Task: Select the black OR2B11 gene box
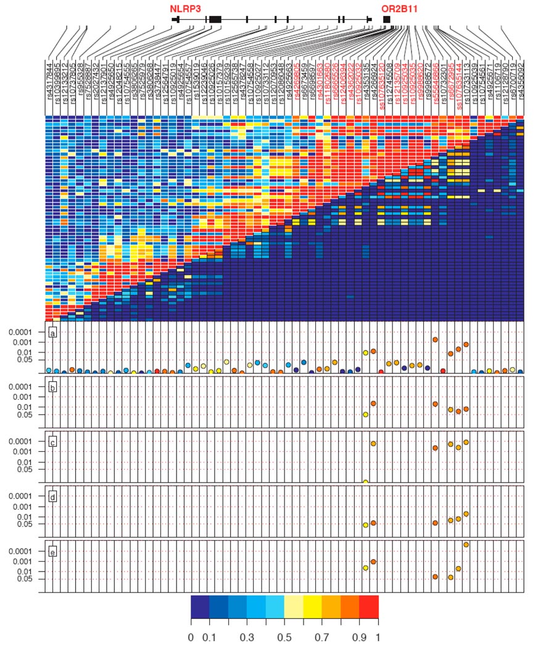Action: tap(387, 20)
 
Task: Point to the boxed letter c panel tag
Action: tap(53, 442)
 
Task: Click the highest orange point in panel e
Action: tap(466, 544)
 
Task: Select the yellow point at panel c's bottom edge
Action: tap(366, 482)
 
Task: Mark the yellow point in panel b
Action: tap(366, 415)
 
